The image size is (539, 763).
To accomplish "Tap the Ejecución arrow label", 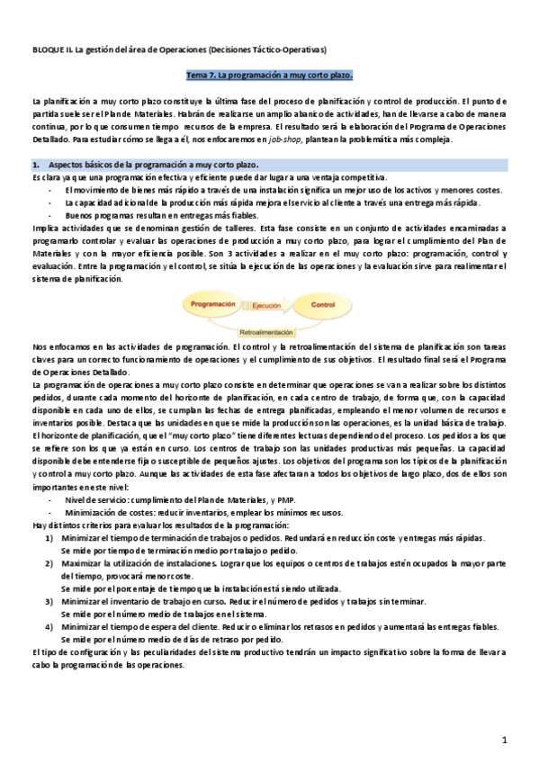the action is (x=267, y=306).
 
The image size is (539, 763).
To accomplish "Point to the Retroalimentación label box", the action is (x=267, y=331).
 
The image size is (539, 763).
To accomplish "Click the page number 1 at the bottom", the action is (x=506, y=740).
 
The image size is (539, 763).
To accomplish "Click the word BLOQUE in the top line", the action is (x=48, y=47).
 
